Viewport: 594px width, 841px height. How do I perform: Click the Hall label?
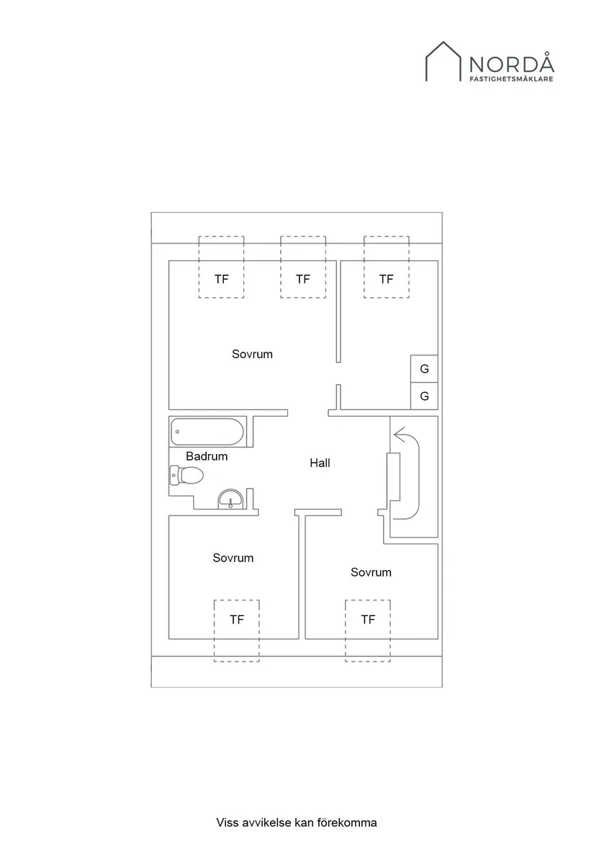tap(320, 463)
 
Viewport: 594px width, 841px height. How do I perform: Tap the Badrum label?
tap(207, 456)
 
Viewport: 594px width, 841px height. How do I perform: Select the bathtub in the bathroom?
tap(207, 432)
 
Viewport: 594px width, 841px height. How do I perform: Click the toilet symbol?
tap(186, 476)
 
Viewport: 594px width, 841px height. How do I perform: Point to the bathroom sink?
tap(231, 499)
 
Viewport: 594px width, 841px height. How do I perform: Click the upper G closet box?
tap(424, 369)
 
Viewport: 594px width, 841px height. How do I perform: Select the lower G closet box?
tap(424, 396)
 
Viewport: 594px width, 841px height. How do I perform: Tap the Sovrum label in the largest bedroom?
tap(252, 354)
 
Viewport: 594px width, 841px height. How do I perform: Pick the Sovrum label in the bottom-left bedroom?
tap(233, 558)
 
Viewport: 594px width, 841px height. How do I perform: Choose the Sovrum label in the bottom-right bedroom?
tap(371, 572)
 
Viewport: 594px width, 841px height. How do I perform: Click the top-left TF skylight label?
tap(222, 279)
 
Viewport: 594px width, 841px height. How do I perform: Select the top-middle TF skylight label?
tap(303, 279)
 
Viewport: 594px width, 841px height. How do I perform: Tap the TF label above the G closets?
tap(387, 279)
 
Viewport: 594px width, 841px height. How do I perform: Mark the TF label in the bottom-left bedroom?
tap(237, 619)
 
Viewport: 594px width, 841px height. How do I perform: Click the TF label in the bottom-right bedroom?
tap(368, 619)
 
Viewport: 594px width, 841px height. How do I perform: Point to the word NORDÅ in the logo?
tap(512, 63)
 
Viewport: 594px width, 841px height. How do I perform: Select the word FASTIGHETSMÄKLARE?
tap(512, 79)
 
